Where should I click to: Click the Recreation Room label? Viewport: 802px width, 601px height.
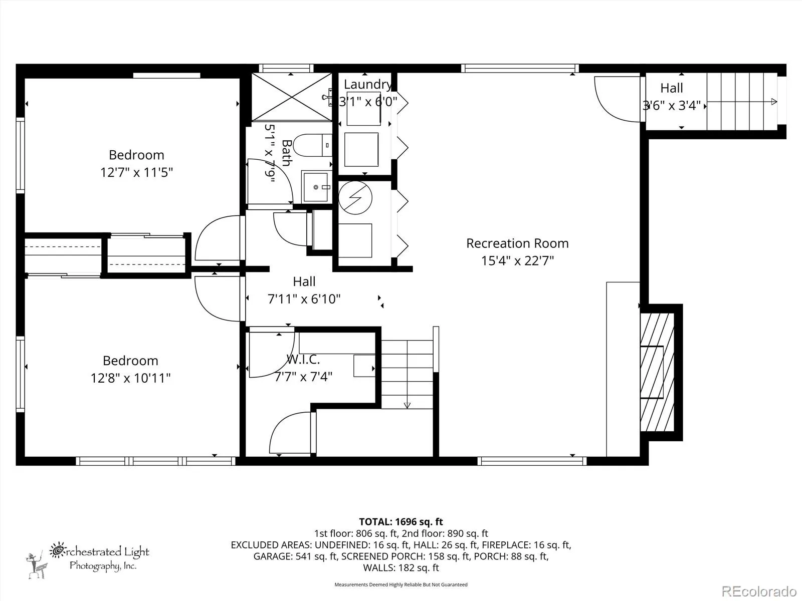coord(517,243)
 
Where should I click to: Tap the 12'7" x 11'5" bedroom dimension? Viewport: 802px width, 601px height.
coord(137,172)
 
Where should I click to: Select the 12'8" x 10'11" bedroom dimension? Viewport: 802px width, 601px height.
coord(130,378)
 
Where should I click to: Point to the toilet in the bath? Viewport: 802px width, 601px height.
coord(313,145)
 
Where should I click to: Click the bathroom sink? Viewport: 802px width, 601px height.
coord(316,187)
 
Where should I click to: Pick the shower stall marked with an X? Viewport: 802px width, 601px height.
coord(292,97)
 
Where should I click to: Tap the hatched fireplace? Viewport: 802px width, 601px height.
coord(657,372)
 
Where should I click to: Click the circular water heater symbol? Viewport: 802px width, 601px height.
coord(355,198)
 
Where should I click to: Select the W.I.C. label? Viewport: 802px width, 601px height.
coord(303,360)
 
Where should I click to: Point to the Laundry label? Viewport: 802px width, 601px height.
coord(367,84)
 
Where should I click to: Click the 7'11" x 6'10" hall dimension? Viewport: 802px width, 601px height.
coord(304,299)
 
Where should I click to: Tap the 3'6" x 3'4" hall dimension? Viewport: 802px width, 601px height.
coord(672,106)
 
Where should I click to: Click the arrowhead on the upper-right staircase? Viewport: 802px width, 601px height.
coord(774,102)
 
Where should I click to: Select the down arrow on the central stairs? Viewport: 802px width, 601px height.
coord(407,405)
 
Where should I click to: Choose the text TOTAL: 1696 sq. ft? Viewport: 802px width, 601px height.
coord(401,522)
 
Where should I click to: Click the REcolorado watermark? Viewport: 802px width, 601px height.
coord(759,591)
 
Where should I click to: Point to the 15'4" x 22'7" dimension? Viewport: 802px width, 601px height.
coord(517,261)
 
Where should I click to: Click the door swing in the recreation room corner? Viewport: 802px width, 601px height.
coord(617,99)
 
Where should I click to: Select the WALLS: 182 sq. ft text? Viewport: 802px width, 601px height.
coord(401,568)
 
